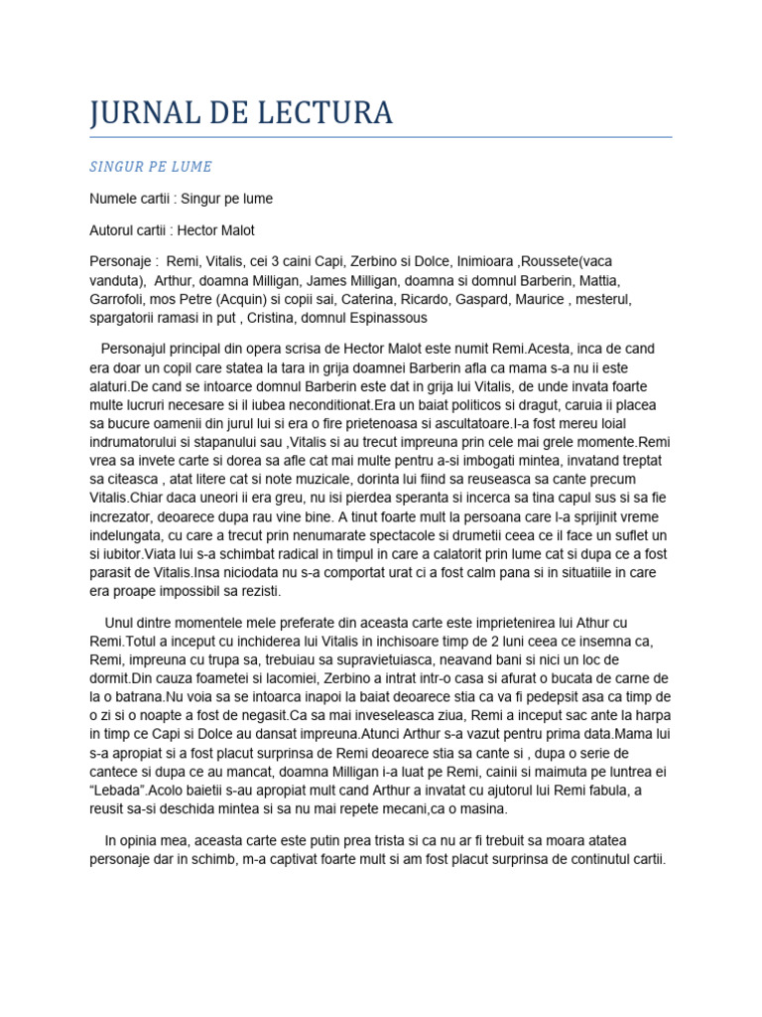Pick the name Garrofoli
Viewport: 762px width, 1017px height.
(120, 298)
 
